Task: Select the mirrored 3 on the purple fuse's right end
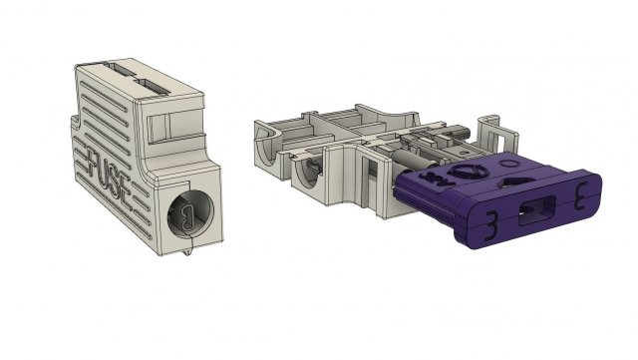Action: tap(580, 196)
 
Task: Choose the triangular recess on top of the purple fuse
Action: tap(518, 181)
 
